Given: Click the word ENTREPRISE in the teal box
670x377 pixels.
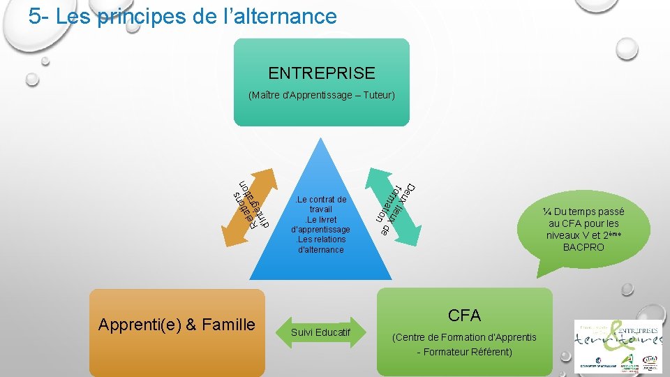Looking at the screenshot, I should pyautogui.click(x=321, y=73).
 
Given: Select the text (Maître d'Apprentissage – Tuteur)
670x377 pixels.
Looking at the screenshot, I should pyautogui.click(x=321, y=94).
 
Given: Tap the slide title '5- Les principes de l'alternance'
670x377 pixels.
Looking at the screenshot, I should pyautogui.click(x=182, y=16).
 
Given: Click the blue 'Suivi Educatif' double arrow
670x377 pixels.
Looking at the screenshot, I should pyautogui.click(x=321, y=332).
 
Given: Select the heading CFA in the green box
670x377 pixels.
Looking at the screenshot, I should pyautogui.click(x=464, y=316).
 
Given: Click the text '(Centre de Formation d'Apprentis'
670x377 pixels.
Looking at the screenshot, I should pyautogui.click(x=464, y=337).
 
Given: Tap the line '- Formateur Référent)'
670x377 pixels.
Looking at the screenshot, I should pyautogui.click(x=464, y=352).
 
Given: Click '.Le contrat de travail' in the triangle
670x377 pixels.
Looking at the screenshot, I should pyautogui.click(x=321, y=204).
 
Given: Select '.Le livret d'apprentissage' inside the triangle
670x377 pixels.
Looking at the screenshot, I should pyautogui.click(x=321, y=224).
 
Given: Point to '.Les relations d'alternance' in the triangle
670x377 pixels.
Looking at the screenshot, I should pyautogui.click(x=321, y=244).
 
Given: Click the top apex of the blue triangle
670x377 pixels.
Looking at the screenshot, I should pyautogui.click(x=321, y=140).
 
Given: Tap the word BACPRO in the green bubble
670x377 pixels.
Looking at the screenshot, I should pyautogui.click(x=583, y=247).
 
